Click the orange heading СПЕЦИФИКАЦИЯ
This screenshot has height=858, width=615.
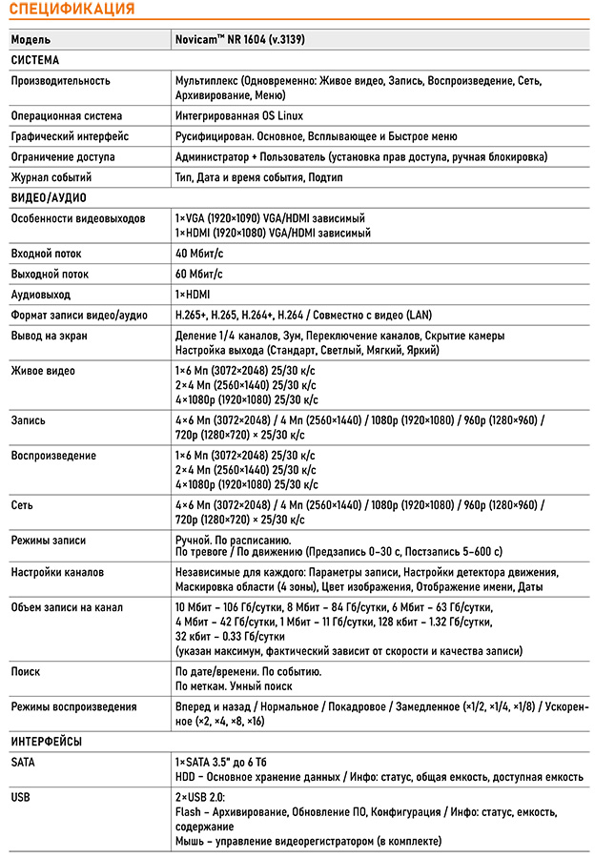point(72,10)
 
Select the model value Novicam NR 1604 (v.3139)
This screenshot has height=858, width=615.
point(239,40)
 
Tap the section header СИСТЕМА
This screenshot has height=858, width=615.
point(35,60)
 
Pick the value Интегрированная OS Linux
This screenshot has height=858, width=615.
point(239,115)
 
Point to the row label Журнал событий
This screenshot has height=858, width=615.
point(51,177)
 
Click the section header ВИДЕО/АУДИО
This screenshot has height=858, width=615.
point(49,197)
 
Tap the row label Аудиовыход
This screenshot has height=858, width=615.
point(41,295)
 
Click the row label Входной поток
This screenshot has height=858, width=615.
point(47,255)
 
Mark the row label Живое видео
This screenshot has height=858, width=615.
point(43,371)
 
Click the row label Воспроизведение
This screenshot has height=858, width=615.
point(53,456)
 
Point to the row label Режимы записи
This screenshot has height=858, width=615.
point(49,541)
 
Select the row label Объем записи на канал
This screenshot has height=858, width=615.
point(67,607)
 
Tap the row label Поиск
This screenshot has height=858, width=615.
point(26,672)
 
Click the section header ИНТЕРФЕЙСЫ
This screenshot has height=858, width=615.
point(47,741)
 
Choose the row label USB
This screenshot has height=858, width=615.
point(21,795)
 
